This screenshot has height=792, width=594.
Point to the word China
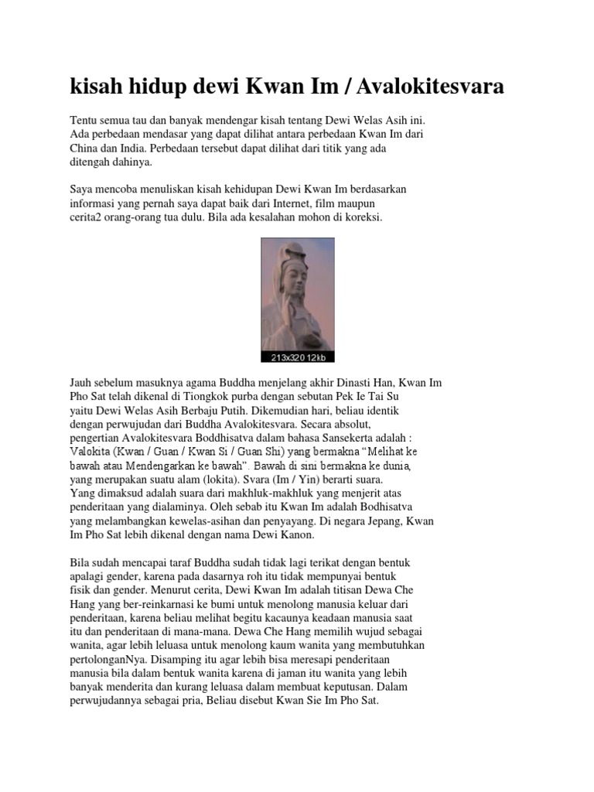click(x=87, y=148)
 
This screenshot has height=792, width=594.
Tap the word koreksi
click(x=364, y=217)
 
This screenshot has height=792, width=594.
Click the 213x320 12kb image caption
click(x=297, y=357)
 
